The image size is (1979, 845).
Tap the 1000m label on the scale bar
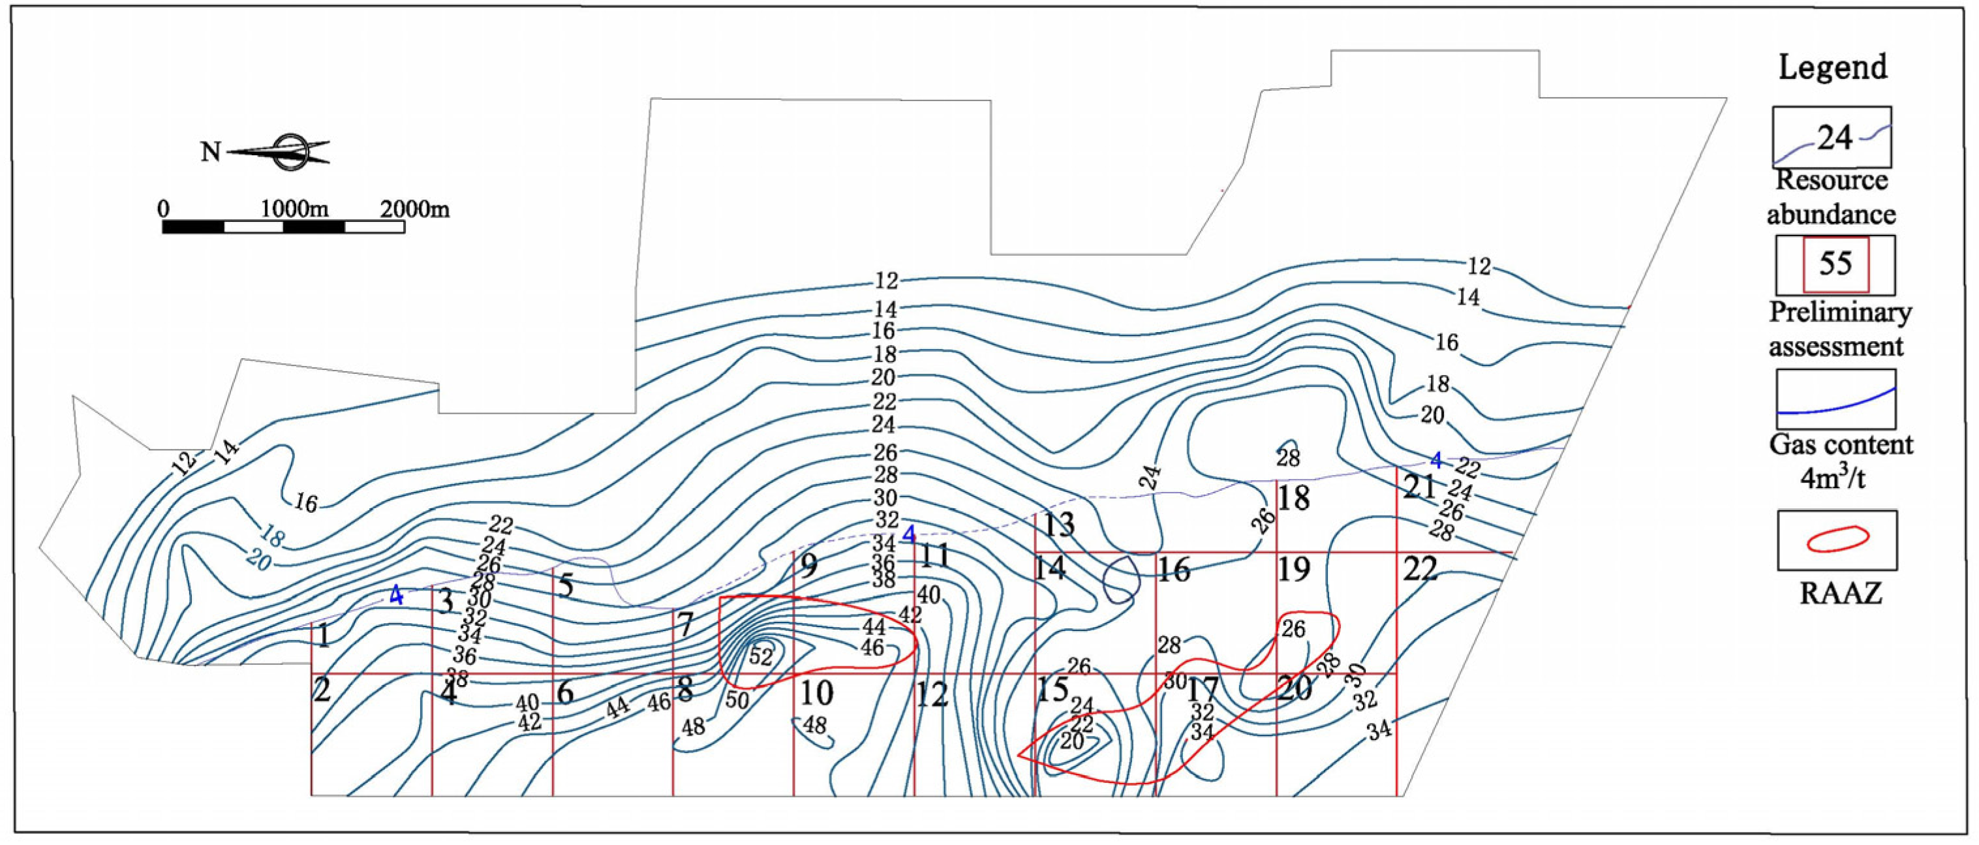coord(294,209)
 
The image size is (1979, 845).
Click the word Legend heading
coord(1833,68)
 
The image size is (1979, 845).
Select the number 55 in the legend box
coord(1835,264)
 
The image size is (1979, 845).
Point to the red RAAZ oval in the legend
coord(1836,539)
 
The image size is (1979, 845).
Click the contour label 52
coord(761,656)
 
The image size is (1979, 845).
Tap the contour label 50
coord(737,699)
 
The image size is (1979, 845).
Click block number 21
coord(1419,486)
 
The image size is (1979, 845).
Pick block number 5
coord(566,586)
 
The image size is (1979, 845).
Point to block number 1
coord(324,636)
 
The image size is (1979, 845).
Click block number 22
coord(1420,569)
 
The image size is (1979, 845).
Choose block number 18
coord(1293,499)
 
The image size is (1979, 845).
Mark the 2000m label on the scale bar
coord(415,209)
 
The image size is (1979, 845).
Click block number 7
coord(685,625)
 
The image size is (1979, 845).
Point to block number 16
coord(1174,570)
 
